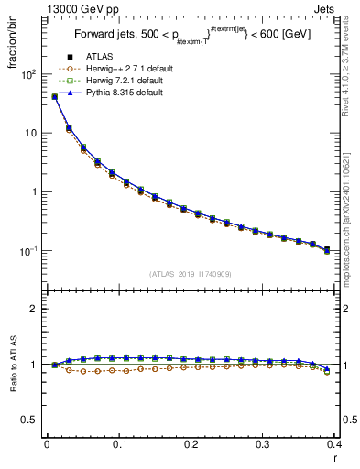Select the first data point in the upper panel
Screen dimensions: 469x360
pyautogui.click(x=54, y=96)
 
